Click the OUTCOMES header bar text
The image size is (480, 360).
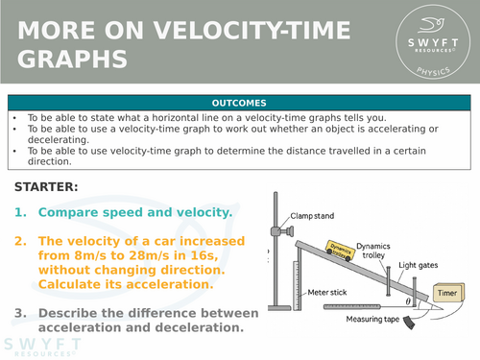click(240, 102)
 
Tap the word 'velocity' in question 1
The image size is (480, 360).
click(197, 212)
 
